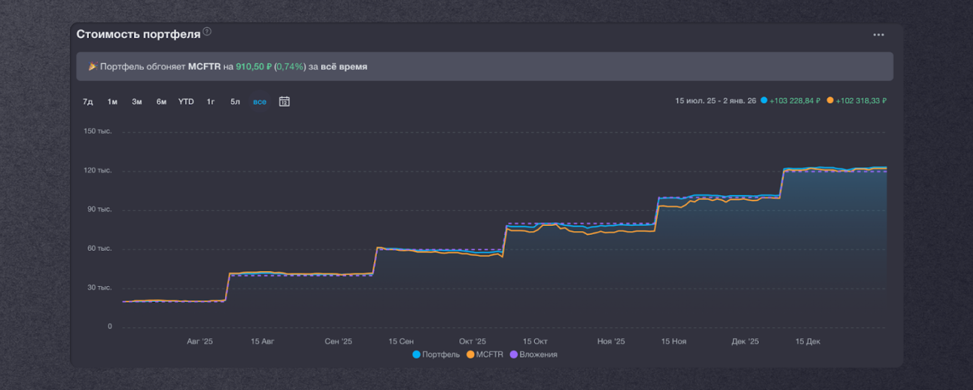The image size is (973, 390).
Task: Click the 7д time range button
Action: pyautogui.click(x=88, y=101)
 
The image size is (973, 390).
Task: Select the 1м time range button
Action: pyautogui.click(x=113, y=101)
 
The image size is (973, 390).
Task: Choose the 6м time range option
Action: pyautogui.click(x=161, y=101)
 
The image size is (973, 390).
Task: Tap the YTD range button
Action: pyautogui.click(x=186, y=101)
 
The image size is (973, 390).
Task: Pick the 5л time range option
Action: pyautogui.click(x=235, y=101)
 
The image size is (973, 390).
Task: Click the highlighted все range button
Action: pyautogui.click(x=260, y=101)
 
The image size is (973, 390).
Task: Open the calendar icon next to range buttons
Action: pyautogui.click(x=284, y=101)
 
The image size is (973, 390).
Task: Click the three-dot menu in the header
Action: pyautogui.click(x=879, y=35)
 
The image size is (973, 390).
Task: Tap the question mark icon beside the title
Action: pyautogui.click(x=207, y=32)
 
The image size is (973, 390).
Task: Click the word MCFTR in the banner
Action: pyautogui.click(x=204, y=66)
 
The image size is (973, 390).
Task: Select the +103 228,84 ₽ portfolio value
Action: pyautogui.click(x=795, y=101)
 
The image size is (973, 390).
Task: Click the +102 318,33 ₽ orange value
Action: pyautogui.click(x=861, y=101)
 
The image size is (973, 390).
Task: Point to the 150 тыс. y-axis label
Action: pyautogui.click(x=97, y=131)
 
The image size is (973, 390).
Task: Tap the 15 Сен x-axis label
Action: pyautogui.click(x=401, y=341)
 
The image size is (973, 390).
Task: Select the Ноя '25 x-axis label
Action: pyautogui.click(x=611, y=341)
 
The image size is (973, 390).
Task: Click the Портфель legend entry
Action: pyautogui.click(x=436, y=354)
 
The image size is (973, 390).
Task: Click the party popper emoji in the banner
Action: pyautogui.click(x=92, y=66)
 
